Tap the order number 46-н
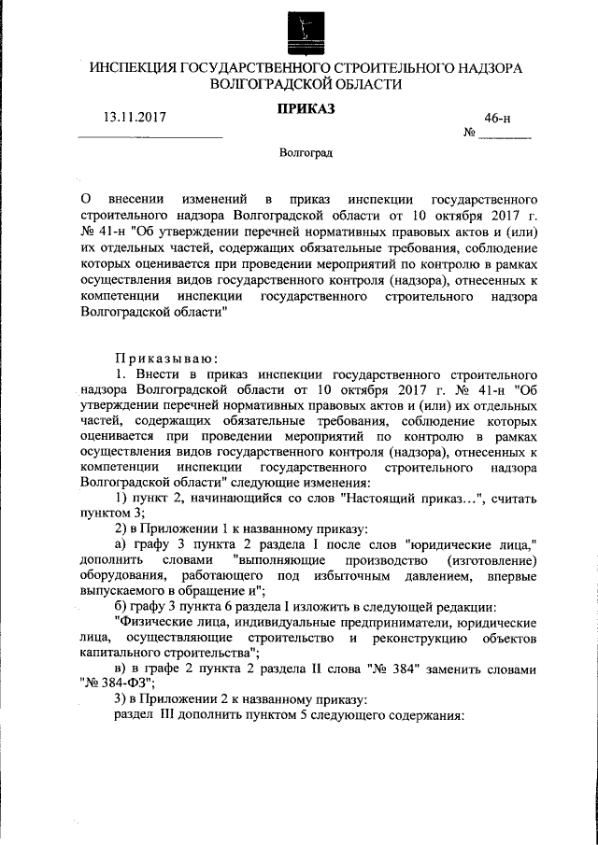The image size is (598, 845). coord(496,118)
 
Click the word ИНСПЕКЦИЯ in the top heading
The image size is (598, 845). coord(134,67)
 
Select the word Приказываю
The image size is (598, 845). coord(166,358)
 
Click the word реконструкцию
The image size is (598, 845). coord(427,638)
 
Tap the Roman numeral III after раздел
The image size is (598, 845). coord(172,715)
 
